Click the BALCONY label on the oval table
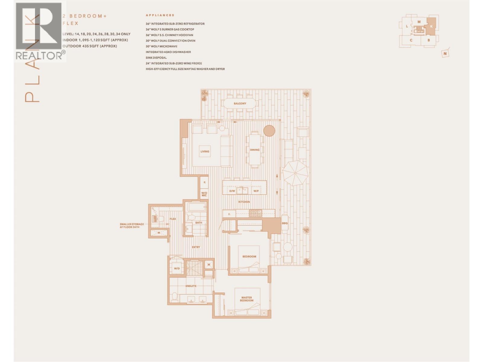tap(240, 103)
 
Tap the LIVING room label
tap(205, 151)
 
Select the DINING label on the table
tap(254, 150)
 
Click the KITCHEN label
tap(244, 202)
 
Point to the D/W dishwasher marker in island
tap(232, 191)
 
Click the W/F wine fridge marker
tap(256, 191)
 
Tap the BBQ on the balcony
tap(285, 223)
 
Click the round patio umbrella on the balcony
tap(295, 173)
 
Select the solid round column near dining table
tap(269, 131)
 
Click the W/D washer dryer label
tap(177, 268)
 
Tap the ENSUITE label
tap(191, 286)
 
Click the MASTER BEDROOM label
tap(247, 299)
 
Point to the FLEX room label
tap(173, 219)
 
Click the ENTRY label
tap(196, 247)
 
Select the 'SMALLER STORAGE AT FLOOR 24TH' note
tap(132, 225)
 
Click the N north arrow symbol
tap(445, 54)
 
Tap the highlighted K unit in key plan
tap(431, 26)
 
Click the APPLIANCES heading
tap(160, 15)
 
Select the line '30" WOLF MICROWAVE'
tap(162, 46)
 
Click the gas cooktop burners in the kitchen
tap(255, 214)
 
